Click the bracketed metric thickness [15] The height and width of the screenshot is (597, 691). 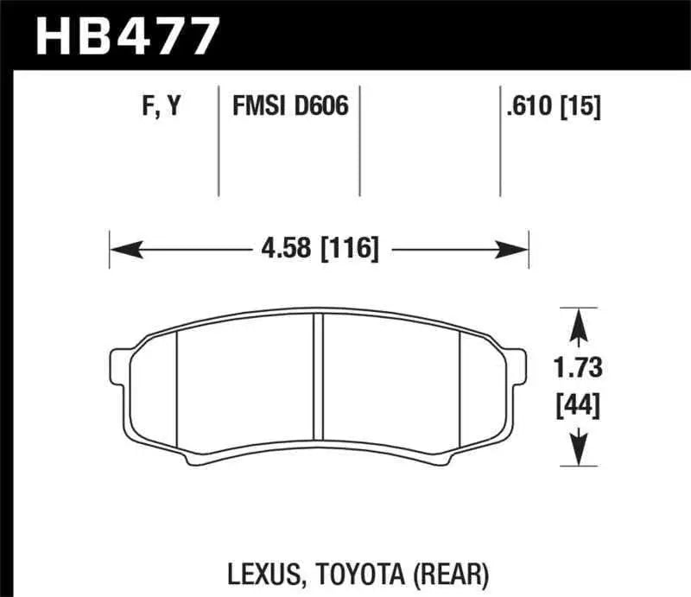tap(582, 107)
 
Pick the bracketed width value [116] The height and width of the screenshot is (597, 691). tap(349, 251)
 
